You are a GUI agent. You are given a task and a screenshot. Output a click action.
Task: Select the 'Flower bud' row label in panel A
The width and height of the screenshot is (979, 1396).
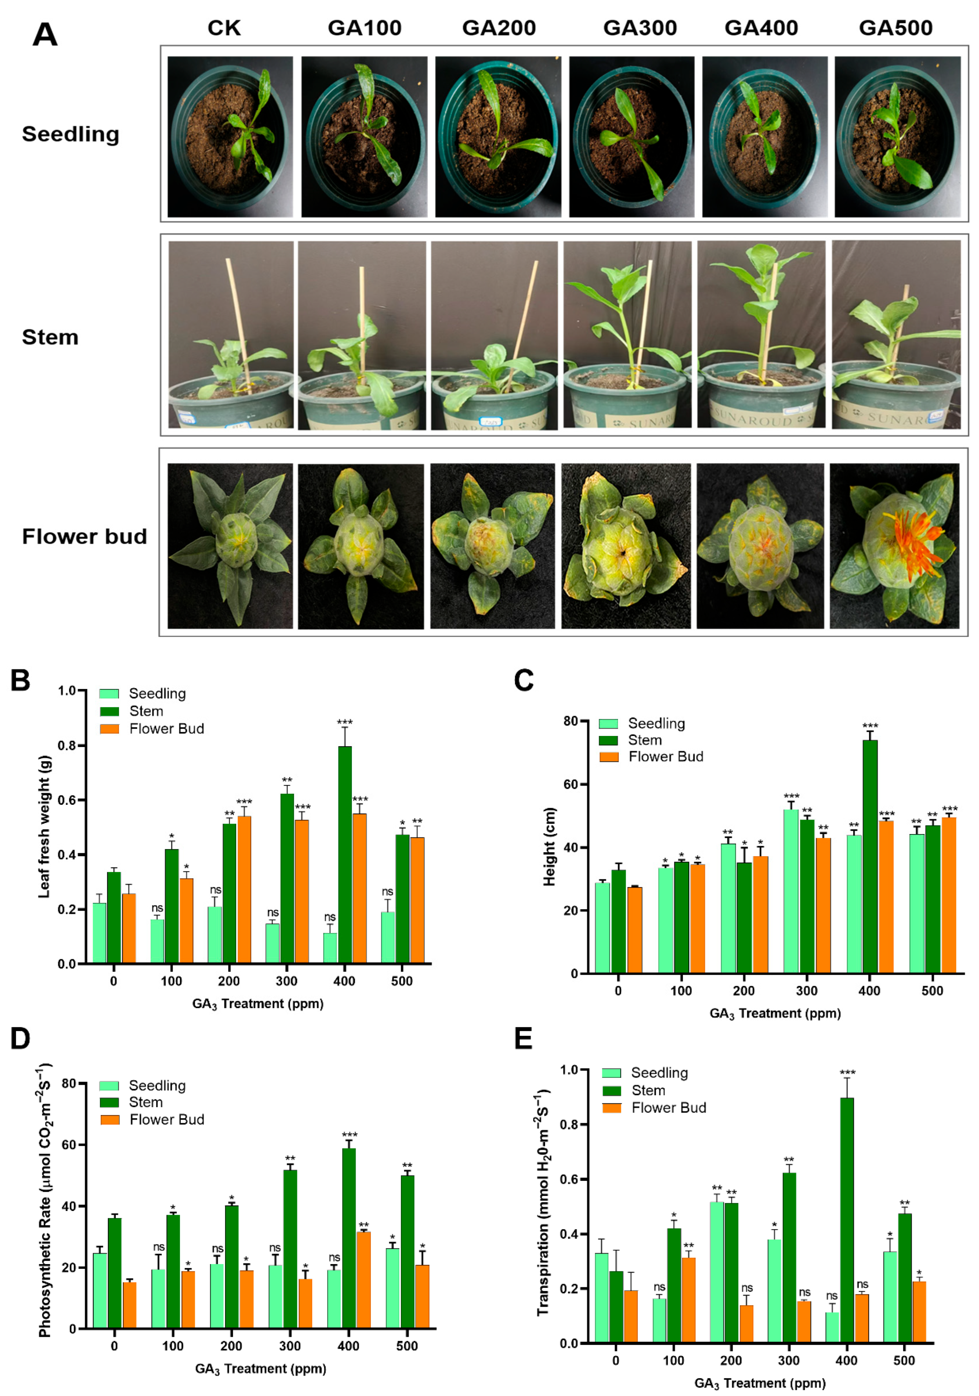pyautogui.click(x=85, y=536)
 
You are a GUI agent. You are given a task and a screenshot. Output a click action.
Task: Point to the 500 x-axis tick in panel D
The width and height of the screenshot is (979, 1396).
pyautogui.click(x=407, y=1346)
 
